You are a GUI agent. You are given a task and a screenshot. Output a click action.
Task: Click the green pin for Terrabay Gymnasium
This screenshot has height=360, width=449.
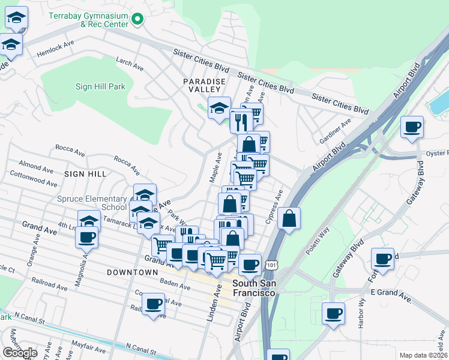(137, 19)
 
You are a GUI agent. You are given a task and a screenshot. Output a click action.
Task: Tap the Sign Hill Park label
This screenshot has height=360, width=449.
(100, 86)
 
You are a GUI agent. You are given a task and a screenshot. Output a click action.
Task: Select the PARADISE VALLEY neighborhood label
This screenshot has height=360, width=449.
(205, 85)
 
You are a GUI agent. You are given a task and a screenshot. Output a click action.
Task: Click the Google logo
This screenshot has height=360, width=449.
(20, 353)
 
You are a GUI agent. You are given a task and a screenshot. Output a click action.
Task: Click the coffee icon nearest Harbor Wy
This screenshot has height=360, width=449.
(334, 312)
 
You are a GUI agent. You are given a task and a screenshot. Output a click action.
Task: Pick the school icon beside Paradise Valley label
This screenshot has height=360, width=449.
(220, 108)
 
